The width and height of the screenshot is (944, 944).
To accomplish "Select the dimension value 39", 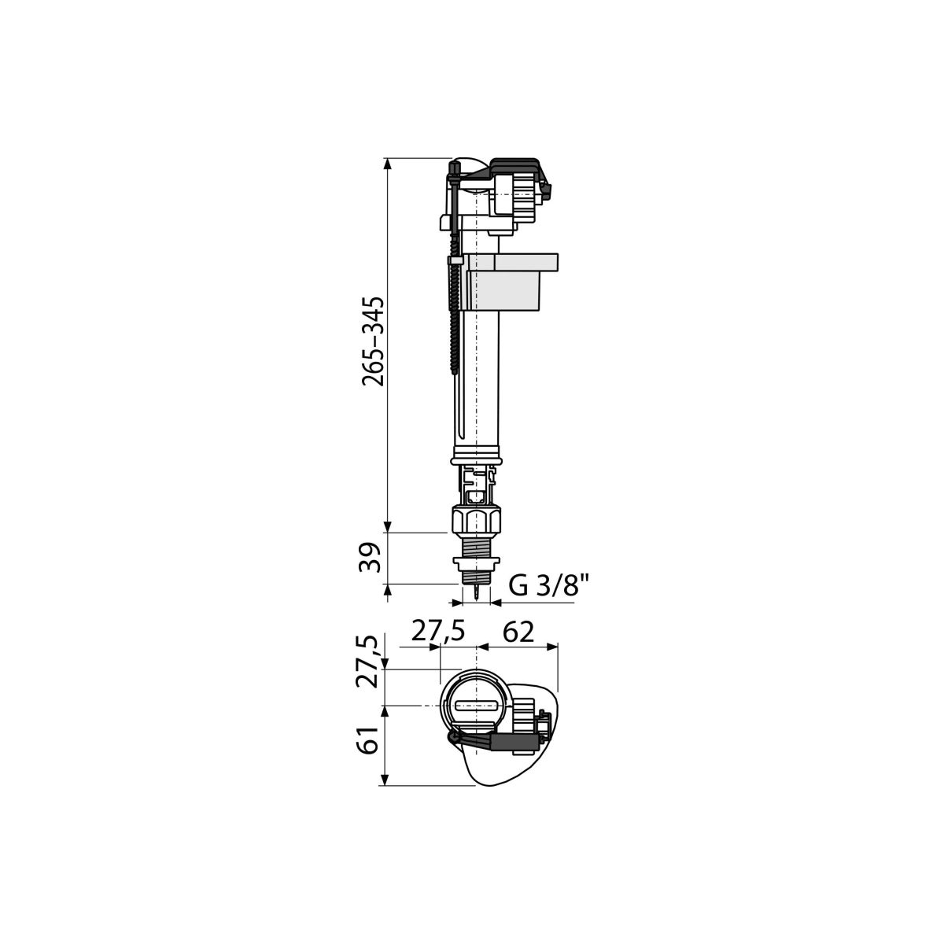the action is point(371,558).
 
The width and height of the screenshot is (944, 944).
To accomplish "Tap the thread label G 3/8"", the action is point(548,585).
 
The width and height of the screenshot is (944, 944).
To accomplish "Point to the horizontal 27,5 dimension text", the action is point(437,632).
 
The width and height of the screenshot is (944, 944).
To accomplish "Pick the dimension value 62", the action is point(518,632).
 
